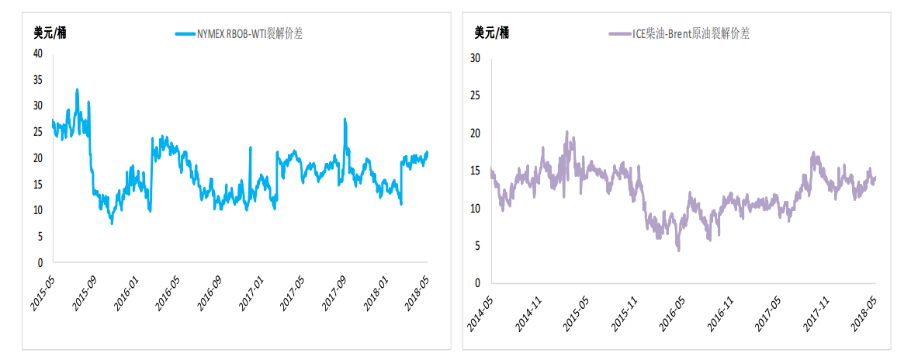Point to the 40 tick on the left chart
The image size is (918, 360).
point(36,54)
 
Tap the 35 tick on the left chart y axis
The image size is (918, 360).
point(36,80)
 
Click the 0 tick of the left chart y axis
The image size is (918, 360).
point(40,263)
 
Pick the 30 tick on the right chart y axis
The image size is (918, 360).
point(476,58)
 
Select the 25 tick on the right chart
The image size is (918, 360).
point(476,95)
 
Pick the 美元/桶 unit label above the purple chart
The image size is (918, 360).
point(491,33)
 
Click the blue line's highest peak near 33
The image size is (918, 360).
point(77,90)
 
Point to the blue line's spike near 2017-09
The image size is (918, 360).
point(345,119)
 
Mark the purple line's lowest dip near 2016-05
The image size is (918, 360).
point(678,250)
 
